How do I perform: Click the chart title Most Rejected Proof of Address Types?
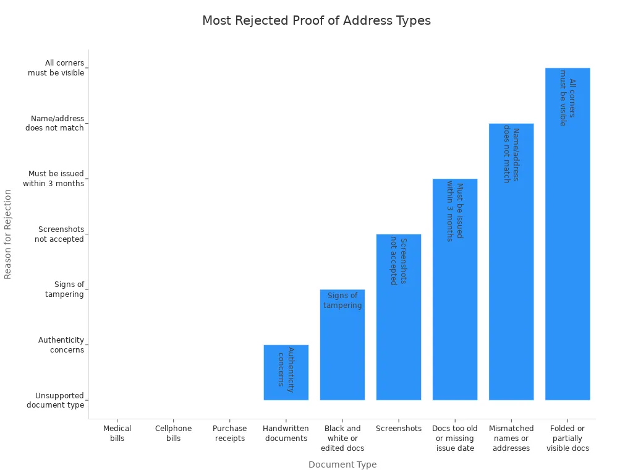pos(316,20)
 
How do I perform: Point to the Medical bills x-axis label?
pos(117,434)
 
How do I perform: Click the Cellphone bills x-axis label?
pos(174,434)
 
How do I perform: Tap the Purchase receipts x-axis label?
pos(229,434)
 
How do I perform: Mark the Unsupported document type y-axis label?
pos(55,400)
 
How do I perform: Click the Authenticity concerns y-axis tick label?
pos(61,345)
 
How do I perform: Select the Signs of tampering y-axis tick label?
pos(64,289)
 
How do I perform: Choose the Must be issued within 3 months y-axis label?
pos(54,179)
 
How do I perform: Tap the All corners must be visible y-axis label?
pos(56,68)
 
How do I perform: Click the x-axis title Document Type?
pos(342,464)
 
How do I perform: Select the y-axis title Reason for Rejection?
pos(8,234)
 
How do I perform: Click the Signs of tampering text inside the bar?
pos(342,301)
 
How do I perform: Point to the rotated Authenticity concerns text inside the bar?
pos(286,370)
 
